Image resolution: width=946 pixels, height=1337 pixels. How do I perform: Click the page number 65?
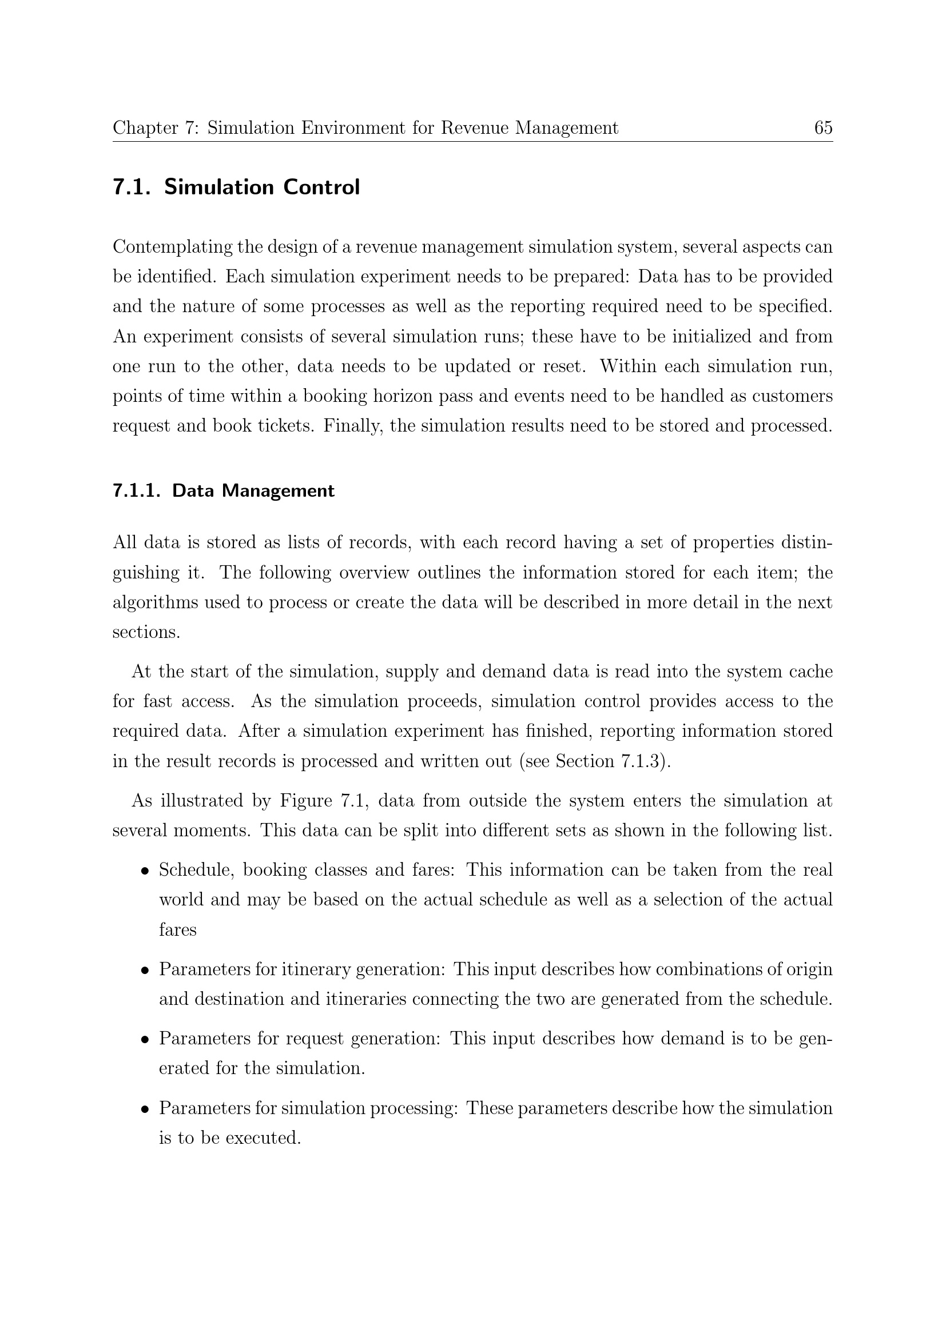tap(823, 127)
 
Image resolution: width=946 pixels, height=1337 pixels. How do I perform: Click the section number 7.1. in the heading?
tap(132, 187)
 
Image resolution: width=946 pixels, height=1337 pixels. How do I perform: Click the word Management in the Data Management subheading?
tap(278, 491)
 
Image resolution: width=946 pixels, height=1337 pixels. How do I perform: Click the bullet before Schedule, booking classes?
tap(145, 871)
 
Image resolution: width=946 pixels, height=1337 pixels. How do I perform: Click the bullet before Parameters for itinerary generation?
tap(145, 971)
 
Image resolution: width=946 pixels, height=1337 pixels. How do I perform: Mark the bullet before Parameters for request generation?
tap(145, 1040)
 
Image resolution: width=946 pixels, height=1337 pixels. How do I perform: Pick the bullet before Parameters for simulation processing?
tap(145, 1109)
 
